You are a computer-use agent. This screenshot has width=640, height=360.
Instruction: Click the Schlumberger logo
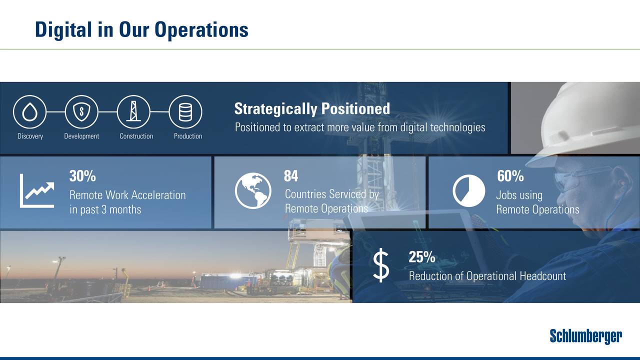586,336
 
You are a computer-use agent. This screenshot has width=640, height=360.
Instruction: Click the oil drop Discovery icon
29,112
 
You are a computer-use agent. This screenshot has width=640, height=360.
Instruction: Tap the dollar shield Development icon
81,112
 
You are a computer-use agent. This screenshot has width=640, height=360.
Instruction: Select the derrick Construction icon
133,112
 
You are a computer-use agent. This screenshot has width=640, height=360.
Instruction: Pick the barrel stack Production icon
185,112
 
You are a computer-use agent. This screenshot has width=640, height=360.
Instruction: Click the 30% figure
82,176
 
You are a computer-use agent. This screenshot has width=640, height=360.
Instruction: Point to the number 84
291,176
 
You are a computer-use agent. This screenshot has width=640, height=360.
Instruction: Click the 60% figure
510,176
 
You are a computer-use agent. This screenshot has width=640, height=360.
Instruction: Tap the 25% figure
421,257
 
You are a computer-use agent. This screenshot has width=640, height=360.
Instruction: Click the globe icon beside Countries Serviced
253,190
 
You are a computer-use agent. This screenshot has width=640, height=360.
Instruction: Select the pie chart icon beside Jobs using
469,190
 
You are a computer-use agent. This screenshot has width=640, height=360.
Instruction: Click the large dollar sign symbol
381,266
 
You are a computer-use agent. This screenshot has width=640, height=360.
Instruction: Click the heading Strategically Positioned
312,108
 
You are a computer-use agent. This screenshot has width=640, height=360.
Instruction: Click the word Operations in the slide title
201,29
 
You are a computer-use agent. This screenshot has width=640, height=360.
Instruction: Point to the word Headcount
542,276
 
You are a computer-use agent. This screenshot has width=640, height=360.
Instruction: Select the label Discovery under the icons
30,136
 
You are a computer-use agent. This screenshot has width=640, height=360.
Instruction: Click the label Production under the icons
188,136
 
